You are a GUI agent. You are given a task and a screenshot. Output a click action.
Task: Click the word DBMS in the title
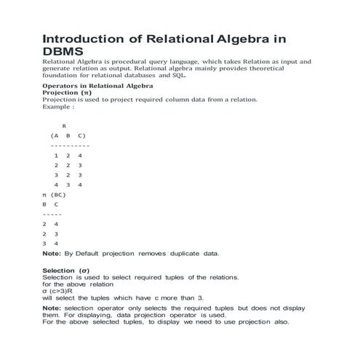(63, 52)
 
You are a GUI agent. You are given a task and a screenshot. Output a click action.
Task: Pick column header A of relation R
(55, 136)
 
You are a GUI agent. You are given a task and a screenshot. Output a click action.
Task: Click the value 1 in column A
(56, 156)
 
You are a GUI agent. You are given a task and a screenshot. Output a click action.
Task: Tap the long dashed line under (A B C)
(65, 145)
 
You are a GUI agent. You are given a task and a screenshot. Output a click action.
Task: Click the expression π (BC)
(55, 195)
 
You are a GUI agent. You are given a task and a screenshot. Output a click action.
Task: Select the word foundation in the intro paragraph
(63, 75)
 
